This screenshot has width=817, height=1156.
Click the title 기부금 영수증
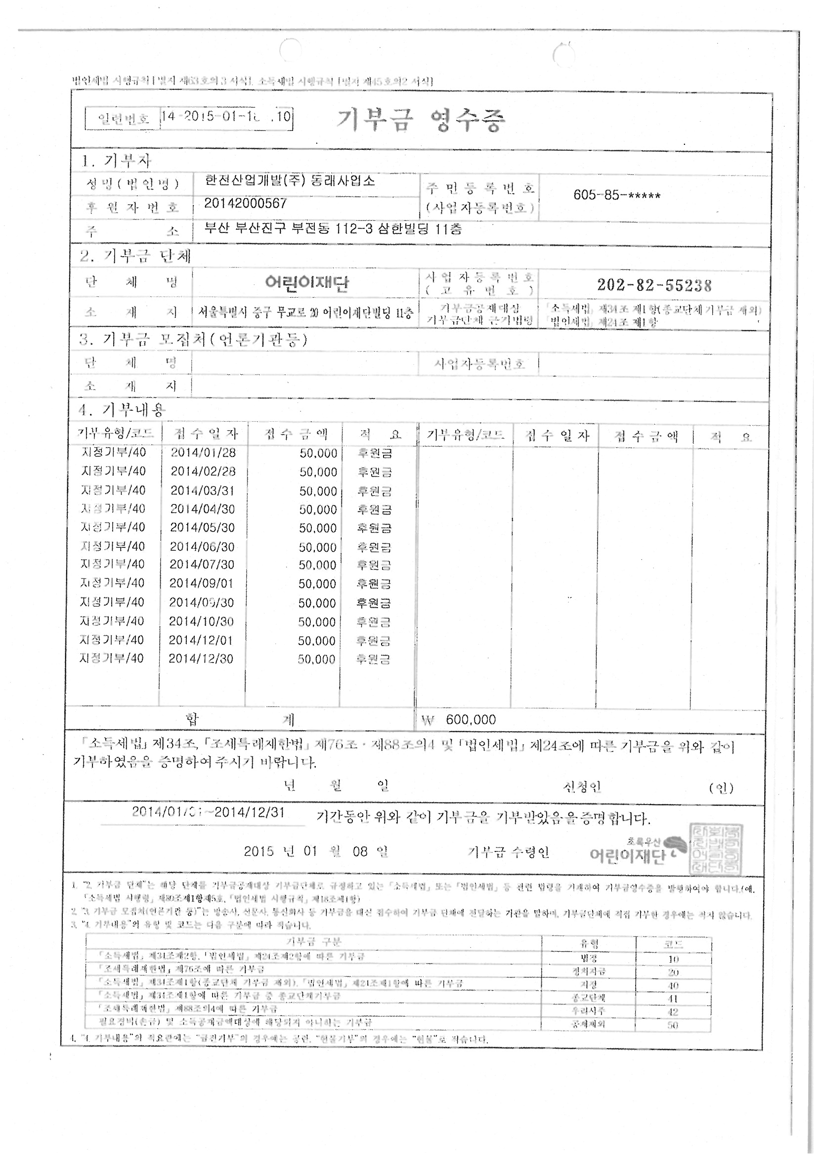pos(420,120)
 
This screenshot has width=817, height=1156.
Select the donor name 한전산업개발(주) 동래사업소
pos(290,181)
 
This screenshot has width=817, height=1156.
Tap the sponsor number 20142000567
pos(246,203)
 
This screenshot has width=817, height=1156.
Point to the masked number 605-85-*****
pos(617,196)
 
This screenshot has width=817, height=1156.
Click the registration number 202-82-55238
pos(654,285)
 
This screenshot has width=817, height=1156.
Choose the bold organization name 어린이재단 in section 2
pos(306,283)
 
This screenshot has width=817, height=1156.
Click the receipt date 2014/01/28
pos(203,452)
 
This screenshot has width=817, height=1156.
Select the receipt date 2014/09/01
pos(202,583)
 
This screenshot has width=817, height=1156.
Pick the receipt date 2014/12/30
pos(201,659)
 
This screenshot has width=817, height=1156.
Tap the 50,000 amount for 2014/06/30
pos(318,547)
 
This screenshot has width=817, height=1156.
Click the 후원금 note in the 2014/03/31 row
pos(375,491)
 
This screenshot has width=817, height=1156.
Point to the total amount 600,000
pos(471,720)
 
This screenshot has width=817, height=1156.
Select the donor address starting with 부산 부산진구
pos(333,229)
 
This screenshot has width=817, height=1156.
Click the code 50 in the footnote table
pos(673,1024)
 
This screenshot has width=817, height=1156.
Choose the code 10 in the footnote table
pos(673,959)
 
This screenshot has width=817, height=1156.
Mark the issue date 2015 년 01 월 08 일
pos(316,851)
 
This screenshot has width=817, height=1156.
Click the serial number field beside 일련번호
pos(226,117)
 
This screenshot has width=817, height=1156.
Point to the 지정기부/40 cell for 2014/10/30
pos(112,622)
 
